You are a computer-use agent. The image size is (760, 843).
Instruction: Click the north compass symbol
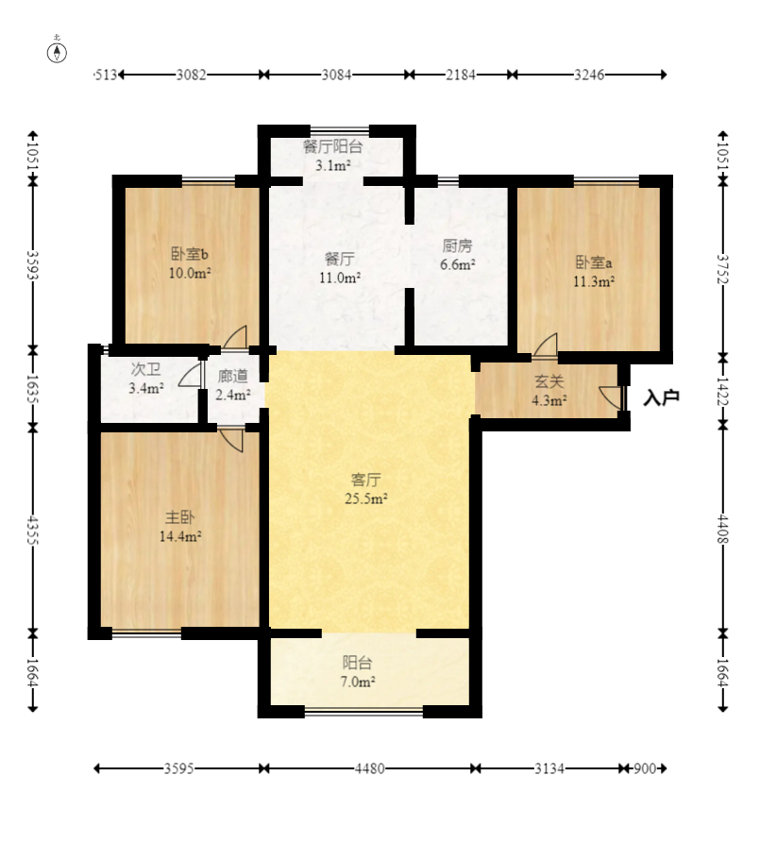point(57,52)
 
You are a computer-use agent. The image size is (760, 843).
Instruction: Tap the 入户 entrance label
point(662,397)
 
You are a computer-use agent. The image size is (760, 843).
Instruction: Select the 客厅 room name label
point(365,479)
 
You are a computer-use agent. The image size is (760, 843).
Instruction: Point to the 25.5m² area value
point(365,498)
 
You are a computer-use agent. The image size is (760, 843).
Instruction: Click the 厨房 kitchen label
point(457,245)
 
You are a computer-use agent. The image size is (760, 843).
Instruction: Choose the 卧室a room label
point(594,262)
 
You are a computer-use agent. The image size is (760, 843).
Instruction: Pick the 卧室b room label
point(190,253)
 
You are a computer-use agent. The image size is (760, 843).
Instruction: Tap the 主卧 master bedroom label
point(179,517)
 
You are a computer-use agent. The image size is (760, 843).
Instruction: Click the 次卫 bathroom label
point(145,369)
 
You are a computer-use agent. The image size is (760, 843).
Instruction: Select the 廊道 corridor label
point(233,377)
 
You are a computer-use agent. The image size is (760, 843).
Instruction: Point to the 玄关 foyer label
point(549,381)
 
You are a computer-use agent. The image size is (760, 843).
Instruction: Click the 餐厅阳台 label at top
point(333,146)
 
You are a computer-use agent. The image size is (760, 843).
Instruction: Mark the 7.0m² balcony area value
point(358,682)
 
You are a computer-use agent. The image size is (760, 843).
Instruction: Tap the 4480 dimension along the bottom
point(369,768)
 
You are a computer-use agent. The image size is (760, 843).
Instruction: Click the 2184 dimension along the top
point(461,75)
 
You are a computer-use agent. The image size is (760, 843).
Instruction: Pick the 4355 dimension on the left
point(33,531)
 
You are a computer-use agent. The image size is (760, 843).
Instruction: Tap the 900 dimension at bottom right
point(645,768)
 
